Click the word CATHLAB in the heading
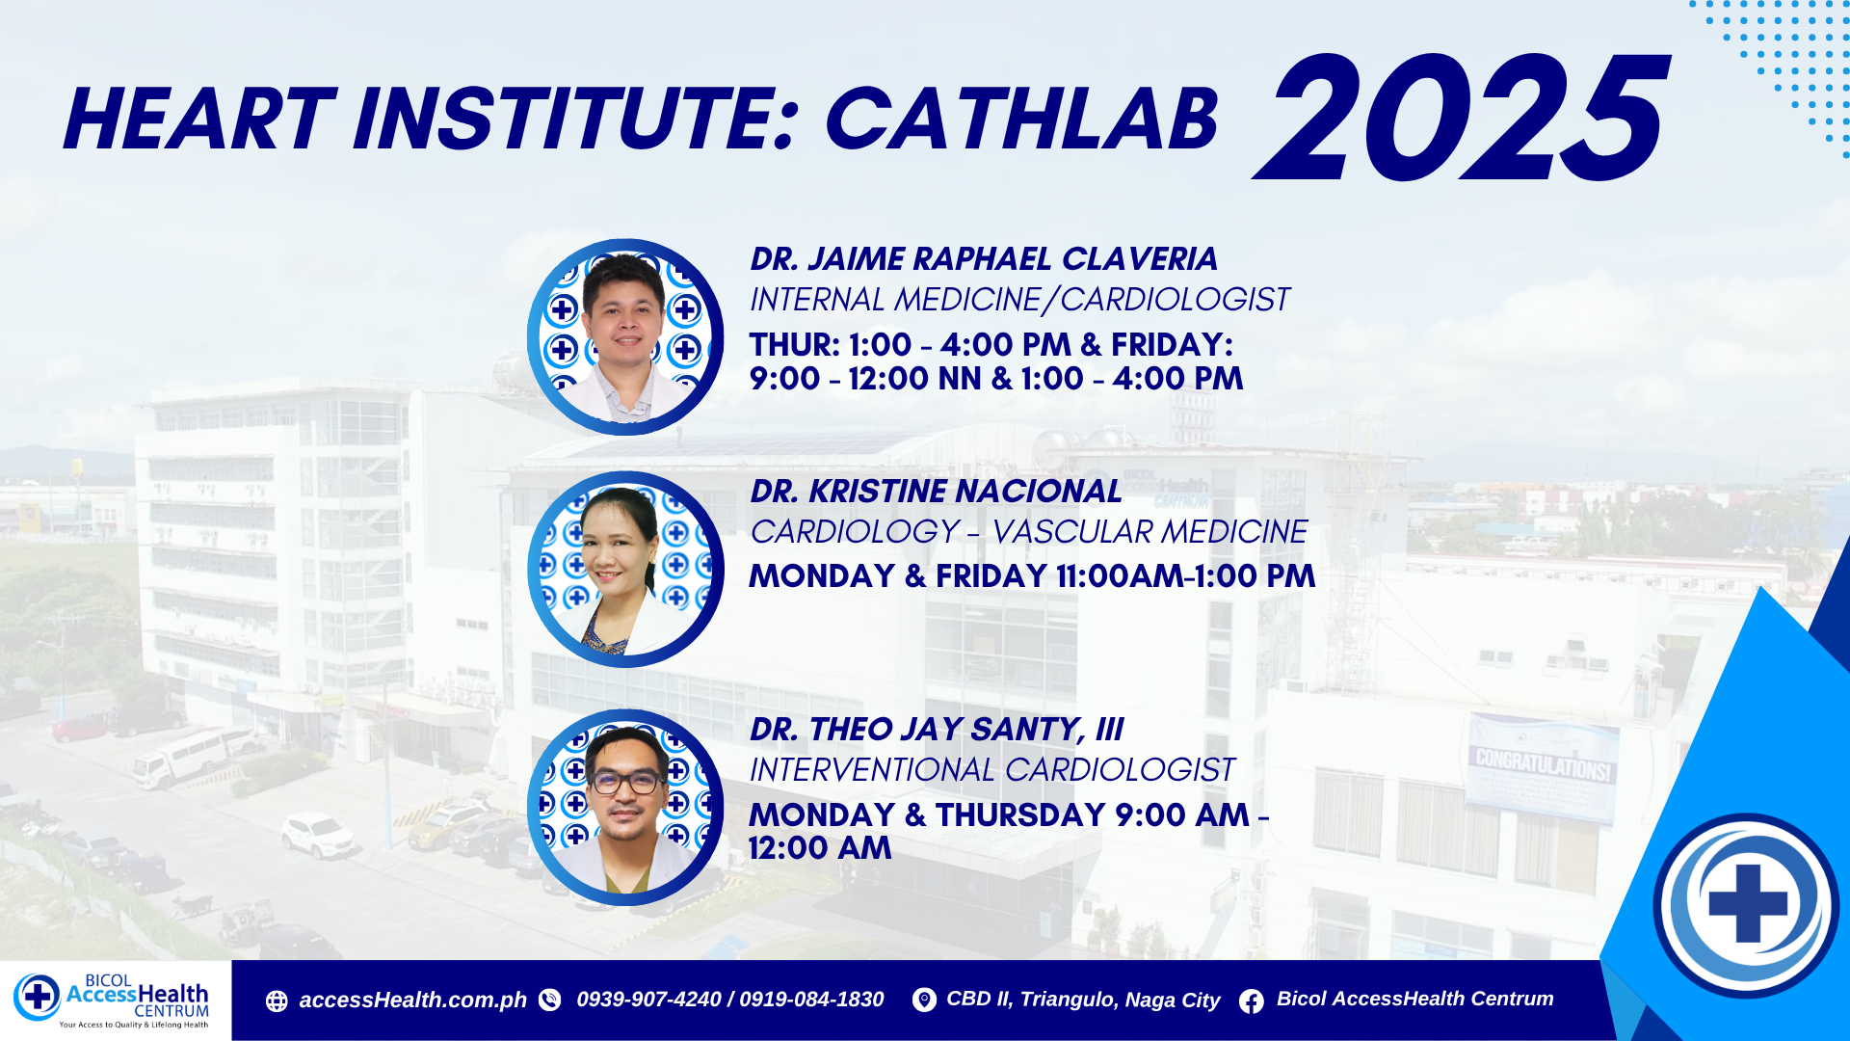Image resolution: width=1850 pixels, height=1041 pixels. (x=1022, y=120)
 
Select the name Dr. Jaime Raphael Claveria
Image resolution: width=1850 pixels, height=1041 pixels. (x=984, y=259)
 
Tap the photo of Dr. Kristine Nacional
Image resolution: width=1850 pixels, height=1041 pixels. (x=625, y=570)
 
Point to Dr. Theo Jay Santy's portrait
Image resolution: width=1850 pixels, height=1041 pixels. (x=625, y=808)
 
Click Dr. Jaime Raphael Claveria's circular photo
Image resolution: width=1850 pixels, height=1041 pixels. (x=625, y=337)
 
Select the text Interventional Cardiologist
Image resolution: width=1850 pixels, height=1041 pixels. (x=992, y=770)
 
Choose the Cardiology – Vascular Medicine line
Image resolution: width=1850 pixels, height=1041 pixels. (x=1029, y=532)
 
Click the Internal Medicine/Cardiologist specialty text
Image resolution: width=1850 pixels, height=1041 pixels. (x=1019, y=300)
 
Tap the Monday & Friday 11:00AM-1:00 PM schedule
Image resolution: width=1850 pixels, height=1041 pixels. (x=1032, y=576)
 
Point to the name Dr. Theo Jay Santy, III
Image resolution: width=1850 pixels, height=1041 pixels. (x=937, y=730)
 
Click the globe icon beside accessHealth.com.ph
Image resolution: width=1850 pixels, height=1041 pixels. (x=277, y=1001)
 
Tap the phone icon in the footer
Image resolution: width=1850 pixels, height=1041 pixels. (x=549, y=1001)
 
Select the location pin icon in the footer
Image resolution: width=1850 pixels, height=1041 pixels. (x=924, y=1001)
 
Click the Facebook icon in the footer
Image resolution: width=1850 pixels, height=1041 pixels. (x=1252, y=1001)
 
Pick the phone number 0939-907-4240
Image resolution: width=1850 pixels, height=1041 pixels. (x=648, y=1000)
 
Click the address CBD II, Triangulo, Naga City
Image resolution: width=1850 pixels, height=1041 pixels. (x=1083, y=1000)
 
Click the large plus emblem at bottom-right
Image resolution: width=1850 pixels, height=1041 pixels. (x=1747, y=905)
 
